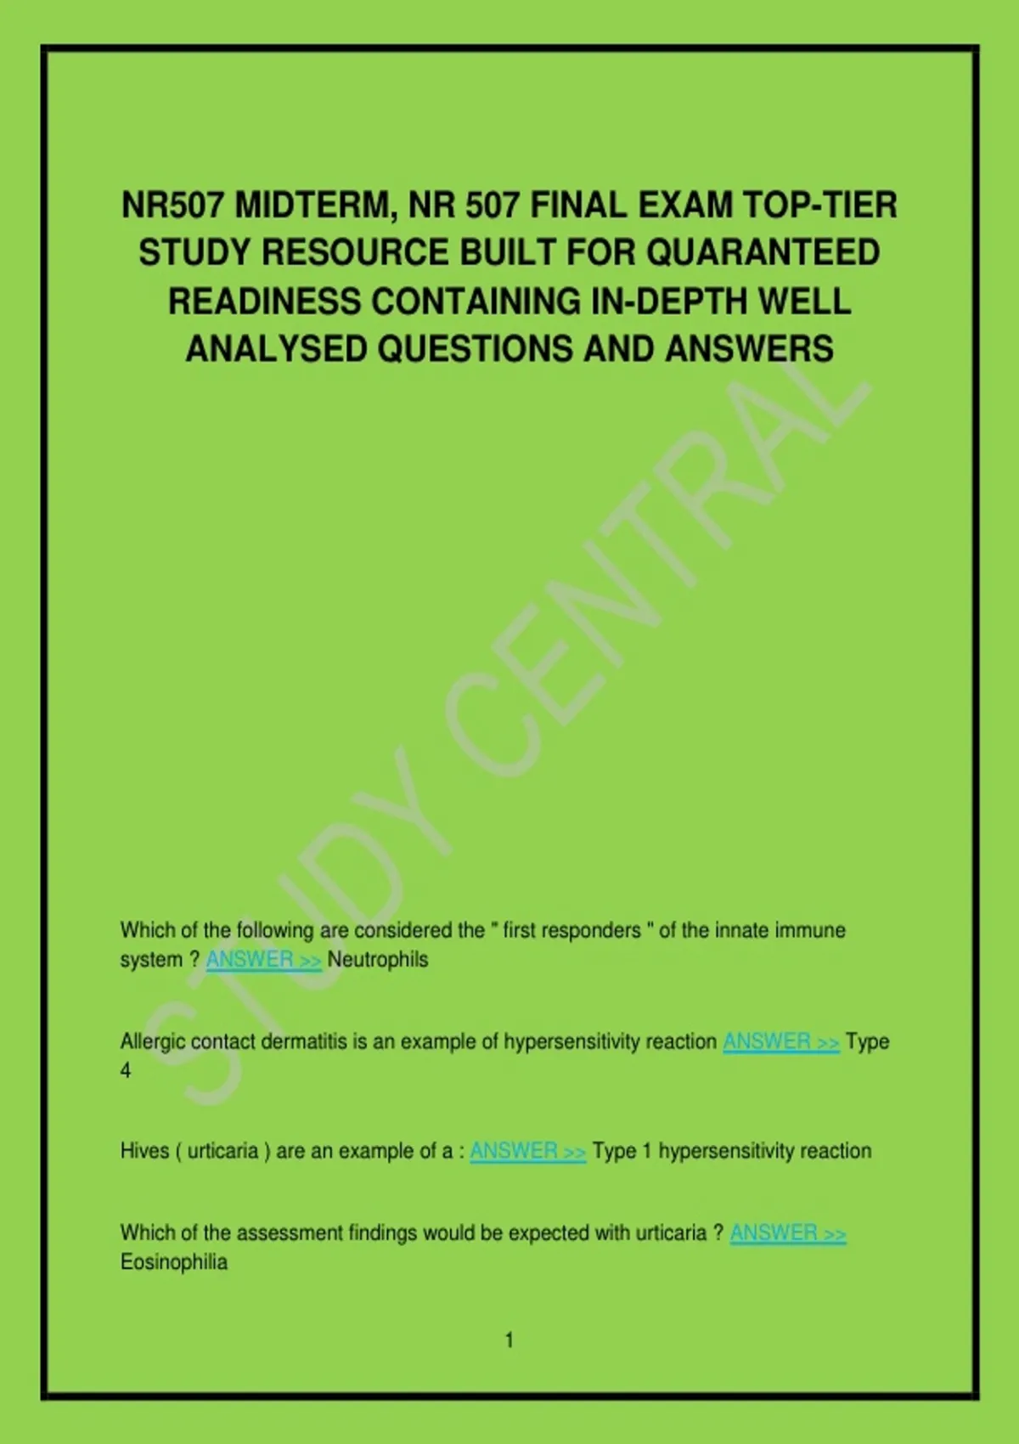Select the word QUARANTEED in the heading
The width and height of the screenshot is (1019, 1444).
pyautogui.click(x=763, y=253)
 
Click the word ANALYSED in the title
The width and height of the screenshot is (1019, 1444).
pyautogui.click(x=276, y=349)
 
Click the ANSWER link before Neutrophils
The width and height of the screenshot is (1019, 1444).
pyautogui.click(x=263, y=960)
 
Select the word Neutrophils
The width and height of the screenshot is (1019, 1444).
pyautogui.click(x=378, y=960)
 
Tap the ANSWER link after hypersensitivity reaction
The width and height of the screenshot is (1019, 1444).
pyautogui.click(x=781, y=1041)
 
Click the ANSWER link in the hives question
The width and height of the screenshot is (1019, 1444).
pyautogui.click(x=527, y=1151)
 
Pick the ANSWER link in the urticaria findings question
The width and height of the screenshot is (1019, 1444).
pyautogui.click(x=788, y=1232)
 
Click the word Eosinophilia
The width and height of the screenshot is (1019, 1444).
pyautogui.click(x=174, y=1262)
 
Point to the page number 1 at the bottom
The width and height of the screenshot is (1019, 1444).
pyautogui.click(x=509, y=1340)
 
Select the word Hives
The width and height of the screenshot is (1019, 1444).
pyautogui.click(x=144, y=1151)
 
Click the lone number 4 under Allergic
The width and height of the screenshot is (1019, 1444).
pyautogui.click(x=126, y=1071)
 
